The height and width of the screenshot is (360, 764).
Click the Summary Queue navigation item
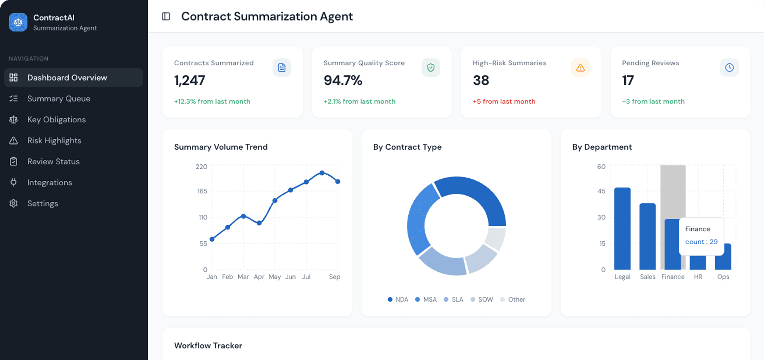click(58, 99)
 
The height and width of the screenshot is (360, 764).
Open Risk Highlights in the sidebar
click(54, 141)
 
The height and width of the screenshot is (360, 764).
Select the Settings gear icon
click(14, 203)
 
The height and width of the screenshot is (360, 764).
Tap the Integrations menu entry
click(49, 182)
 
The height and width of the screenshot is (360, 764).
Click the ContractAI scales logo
click(18, 22)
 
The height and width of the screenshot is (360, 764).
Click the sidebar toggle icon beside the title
click(166, 16)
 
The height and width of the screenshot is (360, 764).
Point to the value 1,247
click(189, 81)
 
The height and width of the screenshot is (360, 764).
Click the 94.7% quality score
click(343, 81)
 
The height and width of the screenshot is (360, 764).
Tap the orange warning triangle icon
click(580, 67)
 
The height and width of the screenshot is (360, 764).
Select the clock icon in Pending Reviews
click(729, 67)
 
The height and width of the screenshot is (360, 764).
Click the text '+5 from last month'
click(504, 102)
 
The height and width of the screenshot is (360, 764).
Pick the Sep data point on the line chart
click(338, 181)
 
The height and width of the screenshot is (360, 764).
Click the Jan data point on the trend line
click(212, 239)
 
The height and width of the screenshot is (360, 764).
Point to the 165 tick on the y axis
click(202, 191)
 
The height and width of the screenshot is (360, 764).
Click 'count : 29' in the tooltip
click(701, 242)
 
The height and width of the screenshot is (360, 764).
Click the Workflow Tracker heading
click(208, 346)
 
